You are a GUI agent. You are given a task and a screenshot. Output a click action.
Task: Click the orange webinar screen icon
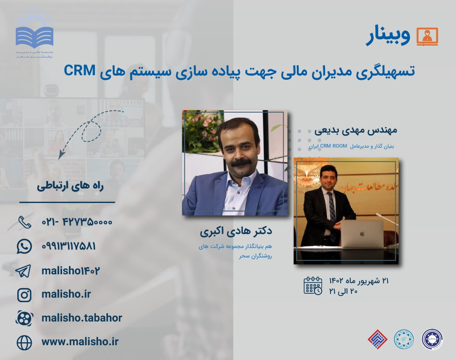click(x=427, y=36)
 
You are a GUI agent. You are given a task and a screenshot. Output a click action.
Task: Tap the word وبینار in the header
click(x=388, y=37)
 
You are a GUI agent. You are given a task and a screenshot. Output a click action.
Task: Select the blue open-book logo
click(x=35, y=36)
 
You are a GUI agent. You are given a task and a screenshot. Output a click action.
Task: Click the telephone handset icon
click(x=24, y=222)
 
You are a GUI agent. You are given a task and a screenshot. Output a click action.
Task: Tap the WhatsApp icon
click(x=24, y=246)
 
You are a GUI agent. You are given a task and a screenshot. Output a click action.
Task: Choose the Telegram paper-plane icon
click(x=24, y=271)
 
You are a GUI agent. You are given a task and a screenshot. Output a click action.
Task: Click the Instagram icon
click(x=24, y=295)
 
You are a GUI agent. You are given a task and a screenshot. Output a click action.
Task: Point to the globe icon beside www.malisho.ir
click(x=24, y=342)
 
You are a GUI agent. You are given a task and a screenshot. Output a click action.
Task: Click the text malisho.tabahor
click(x=81, y=318)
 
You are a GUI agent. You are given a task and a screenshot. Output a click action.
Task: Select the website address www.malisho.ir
click(x=80, y=342)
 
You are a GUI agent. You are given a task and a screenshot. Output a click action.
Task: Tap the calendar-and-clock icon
click(x=313, y=285)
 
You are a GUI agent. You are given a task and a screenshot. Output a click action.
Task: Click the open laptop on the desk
click(x=362, y=233)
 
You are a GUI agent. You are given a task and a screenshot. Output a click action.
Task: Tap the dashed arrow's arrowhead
click(x=62, y=155)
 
